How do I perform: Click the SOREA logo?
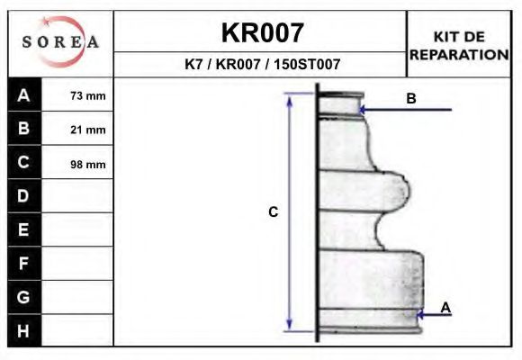[x=60, y=41]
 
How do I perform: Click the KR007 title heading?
[x=262, y=32]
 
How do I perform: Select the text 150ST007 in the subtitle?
[x=307, y=64]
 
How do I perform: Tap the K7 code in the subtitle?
[x=193, y=64]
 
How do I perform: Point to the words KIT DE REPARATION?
[x=459, y=46]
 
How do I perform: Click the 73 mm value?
[x=88, y=96]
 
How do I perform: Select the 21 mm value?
[x=88, y=130]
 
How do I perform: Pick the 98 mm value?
[x=88, y=164]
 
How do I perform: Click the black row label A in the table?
[x=24, y=94]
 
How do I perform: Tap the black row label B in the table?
[x=24, y=128]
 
